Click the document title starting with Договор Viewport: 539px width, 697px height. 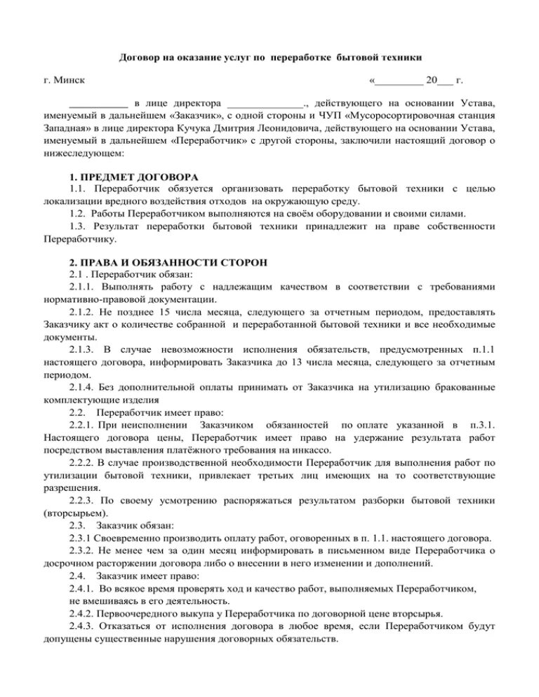(x=269, y=55)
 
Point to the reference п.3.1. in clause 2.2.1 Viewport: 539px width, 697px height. (x=483, y=424)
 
